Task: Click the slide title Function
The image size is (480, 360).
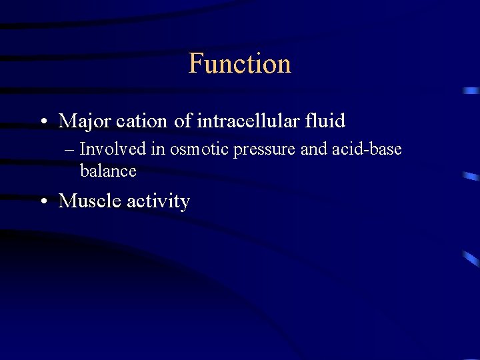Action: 240,63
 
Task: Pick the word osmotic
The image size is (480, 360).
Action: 199,149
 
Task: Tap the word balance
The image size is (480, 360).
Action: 108,171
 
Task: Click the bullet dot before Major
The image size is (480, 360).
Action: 43,122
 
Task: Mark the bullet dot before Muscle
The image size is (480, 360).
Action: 43,201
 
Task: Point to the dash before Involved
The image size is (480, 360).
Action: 71,150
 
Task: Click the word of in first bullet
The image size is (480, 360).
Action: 182,121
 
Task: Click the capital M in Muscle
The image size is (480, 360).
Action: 67,201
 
